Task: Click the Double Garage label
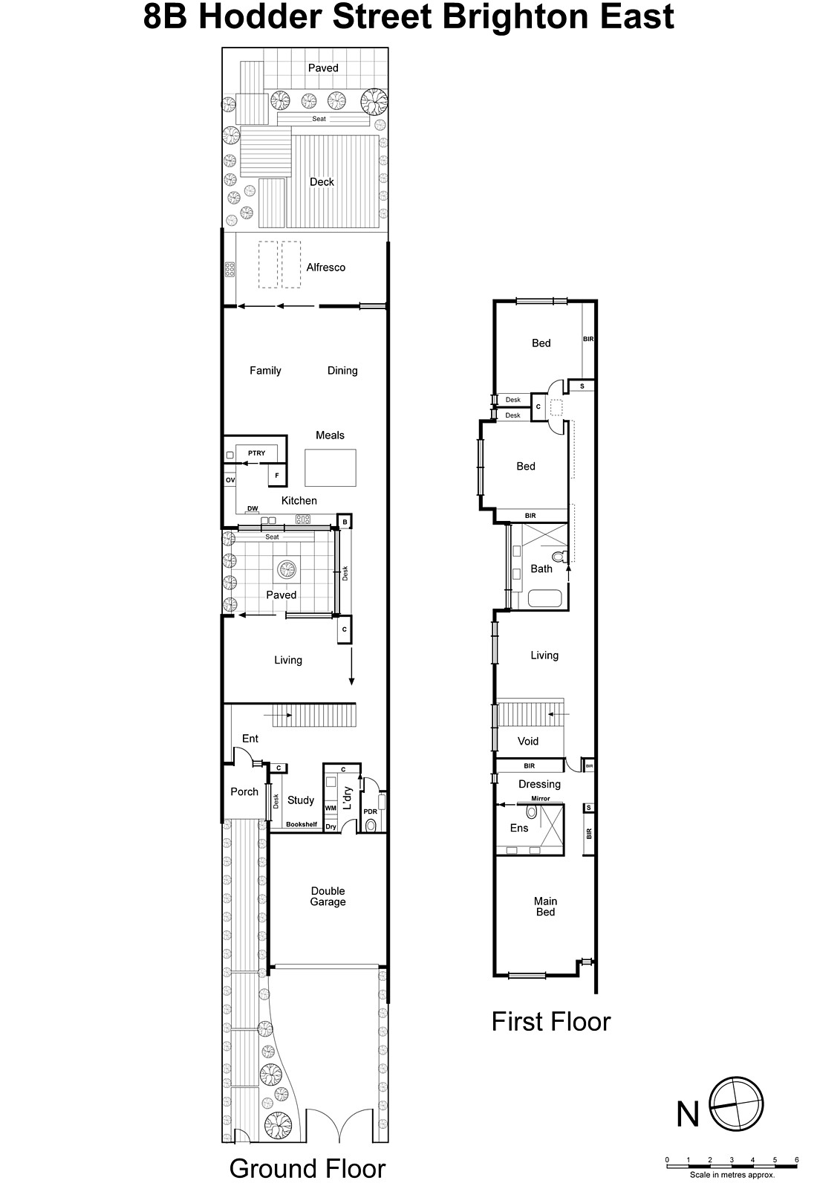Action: pos(328,896)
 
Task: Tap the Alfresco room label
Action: pos(325,268)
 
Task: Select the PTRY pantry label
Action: pos(256,453)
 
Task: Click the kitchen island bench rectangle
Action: pos(331,467)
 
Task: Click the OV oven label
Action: pos(230,481)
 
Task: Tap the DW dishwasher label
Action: pos(253,509)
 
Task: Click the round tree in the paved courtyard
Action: pos(287,570)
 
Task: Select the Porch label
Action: pos(244,792)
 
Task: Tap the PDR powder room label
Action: pos(370,812)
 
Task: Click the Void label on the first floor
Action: pos(528,741)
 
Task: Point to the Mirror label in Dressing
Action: pos(540,799)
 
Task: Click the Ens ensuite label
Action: pos(519,828)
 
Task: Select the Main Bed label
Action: pos(545,907)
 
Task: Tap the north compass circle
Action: pos(737,1104)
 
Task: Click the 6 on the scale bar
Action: pos(796,1160)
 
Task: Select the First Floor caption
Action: pos(550,1022)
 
